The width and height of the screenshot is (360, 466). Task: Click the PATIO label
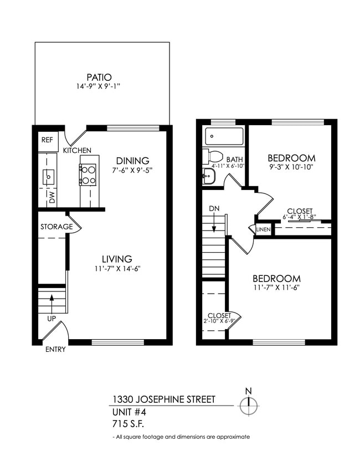[x=99, y=77]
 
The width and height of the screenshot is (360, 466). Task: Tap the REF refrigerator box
[x=47, y=140]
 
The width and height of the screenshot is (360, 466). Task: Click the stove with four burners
[x=88, y=173]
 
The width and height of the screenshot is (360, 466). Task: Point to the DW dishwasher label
[x=52, y=198]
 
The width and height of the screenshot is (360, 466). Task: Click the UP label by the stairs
[x=51, y=319]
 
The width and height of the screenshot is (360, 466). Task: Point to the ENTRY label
[x=56, y=349]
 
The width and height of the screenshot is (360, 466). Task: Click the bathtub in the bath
[x=224, y=136]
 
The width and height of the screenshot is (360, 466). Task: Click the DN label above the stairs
[x=215, y=209]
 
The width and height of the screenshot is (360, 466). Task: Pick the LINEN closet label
[x=264, y=229]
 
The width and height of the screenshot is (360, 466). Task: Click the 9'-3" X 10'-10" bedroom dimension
[x=291, y=168]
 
